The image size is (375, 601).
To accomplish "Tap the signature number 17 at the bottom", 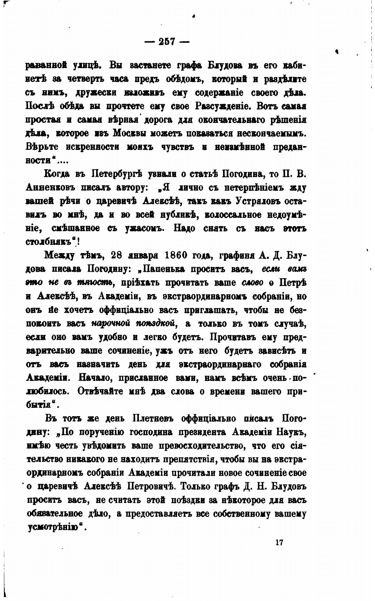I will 280,542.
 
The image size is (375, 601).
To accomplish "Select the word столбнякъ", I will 48,241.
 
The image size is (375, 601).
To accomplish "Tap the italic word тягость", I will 95,283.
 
